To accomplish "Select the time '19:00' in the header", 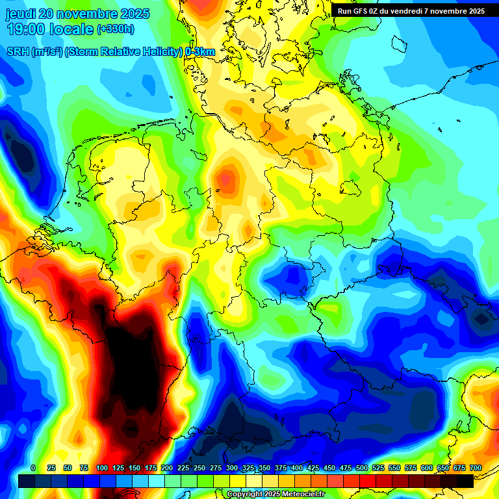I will [x=27, y=29].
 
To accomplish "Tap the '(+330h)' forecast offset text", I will [x=116, y=29].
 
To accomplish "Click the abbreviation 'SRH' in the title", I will [x=18, y=52].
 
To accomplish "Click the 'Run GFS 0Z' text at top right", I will [x=359, y=11].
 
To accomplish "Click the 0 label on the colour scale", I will [x=33, y=468].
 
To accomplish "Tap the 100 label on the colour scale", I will [x=102, y=468].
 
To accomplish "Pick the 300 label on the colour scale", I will [x=232, y=468].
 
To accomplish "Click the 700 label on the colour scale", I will [x=475, y=468].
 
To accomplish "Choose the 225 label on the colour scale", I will [x=183, y=468].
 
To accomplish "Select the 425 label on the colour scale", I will [x=313, y=468].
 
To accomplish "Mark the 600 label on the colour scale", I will [x=427, y=468].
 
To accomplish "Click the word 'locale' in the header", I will [x=71, y=29].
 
